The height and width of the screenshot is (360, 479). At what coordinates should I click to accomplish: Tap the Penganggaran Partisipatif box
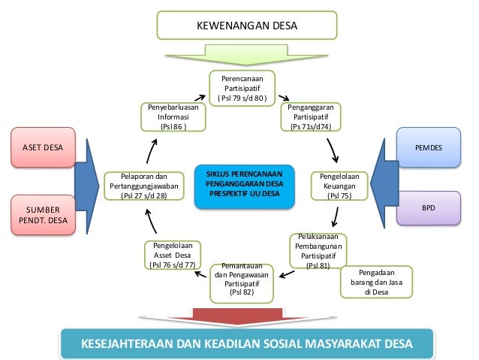(x=310, y=117)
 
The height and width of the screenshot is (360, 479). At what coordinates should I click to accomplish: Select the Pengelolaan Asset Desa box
(x=173, y=256)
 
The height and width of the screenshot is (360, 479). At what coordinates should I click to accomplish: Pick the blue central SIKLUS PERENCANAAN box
(x=238, y=185)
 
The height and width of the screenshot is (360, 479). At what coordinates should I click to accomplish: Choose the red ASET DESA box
(x=44, y=148)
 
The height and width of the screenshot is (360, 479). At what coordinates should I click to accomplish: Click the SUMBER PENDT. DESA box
(x=44, y=214)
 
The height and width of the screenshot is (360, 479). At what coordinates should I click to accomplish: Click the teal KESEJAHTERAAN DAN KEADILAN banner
(x=247, y=344)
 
